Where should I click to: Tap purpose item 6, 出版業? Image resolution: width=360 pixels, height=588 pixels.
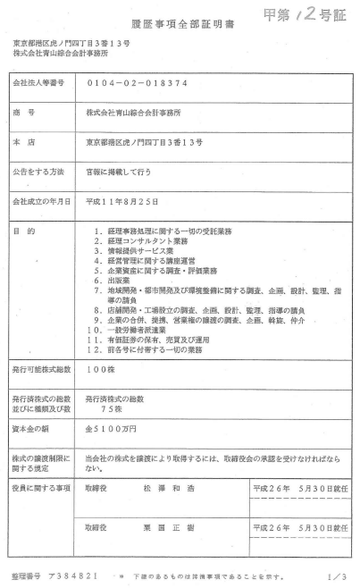tap(121, 279)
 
